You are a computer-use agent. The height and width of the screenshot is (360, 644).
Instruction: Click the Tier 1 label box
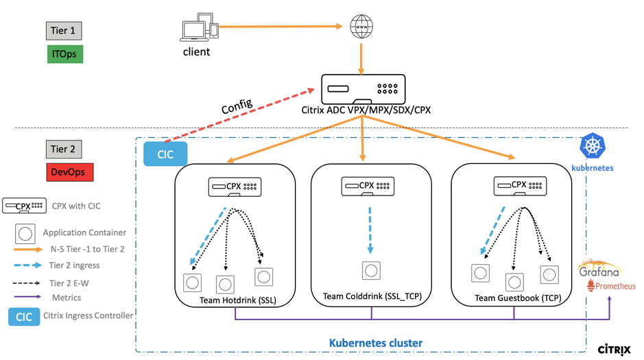click(64, 31)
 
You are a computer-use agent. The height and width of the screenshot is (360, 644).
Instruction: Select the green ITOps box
click(64, 53)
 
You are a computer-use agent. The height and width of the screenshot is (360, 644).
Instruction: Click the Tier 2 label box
click(64, 149)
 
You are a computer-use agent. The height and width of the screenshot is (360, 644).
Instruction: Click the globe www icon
click(361, 27)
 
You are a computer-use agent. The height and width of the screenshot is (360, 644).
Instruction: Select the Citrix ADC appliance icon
click(363, 89)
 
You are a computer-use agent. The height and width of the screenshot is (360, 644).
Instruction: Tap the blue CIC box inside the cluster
click(165, 154)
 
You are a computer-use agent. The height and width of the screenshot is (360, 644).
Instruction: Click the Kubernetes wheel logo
click(592, 146)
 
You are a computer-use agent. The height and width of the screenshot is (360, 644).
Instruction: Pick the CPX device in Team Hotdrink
click(235, 187)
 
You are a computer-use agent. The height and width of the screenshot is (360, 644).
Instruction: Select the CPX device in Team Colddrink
click(368, 186)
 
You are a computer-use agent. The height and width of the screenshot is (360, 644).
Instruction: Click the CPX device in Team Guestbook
click(520, 186)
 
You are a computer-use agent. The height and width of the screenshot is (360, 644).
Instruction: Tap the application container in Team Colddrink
click(371, 270)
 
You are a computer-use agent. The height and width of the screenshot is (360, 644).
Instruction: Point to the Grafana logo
click(599, 269)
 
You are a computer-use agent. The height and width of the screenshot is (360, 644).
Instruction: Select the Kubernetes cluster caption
click(376, 343)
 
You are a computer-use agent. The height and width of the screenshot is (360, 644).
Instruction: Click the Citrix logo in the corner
click(614, 350)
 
